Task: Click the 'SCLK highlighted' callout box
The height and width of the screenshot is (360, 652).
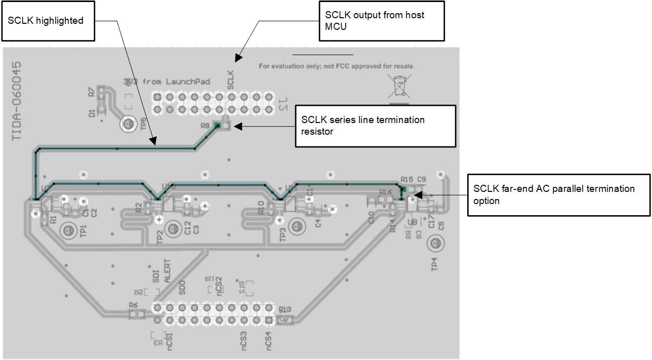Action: pyautogui.click(x=49, y=21)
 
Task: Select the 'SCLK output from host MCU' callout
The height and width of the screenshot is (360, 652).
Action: pyautogui.click(x=381, y=21)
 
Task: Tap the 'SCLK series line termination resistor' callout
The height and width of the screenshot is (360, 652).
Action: pyautogui.click(x=375, y=126)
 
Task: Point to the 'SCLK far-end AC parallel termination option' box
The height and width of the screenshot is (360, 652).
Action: pyautogui.click(x=558, y=195)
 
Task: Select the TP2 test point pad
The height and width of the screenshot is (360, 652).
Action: pyautogui.click(x=173, y=229)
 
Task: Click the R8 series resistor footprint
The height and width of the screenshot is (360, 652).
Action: pyautogui.click(x=222, y=126)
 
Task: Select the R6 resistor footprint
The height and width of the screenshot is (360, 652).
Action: pyautogui.click(x=136, y=314)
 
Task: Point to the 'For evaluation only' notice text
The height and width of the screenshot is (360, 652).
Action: pyautogui.click(x=337, y=66)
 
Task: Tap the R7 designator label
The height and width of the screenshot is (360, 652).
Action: pyautogui.click(x=91, y=92)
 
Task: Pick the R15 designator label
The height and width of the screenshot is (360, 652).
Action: pyautogui.click(x=406, y=179)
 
